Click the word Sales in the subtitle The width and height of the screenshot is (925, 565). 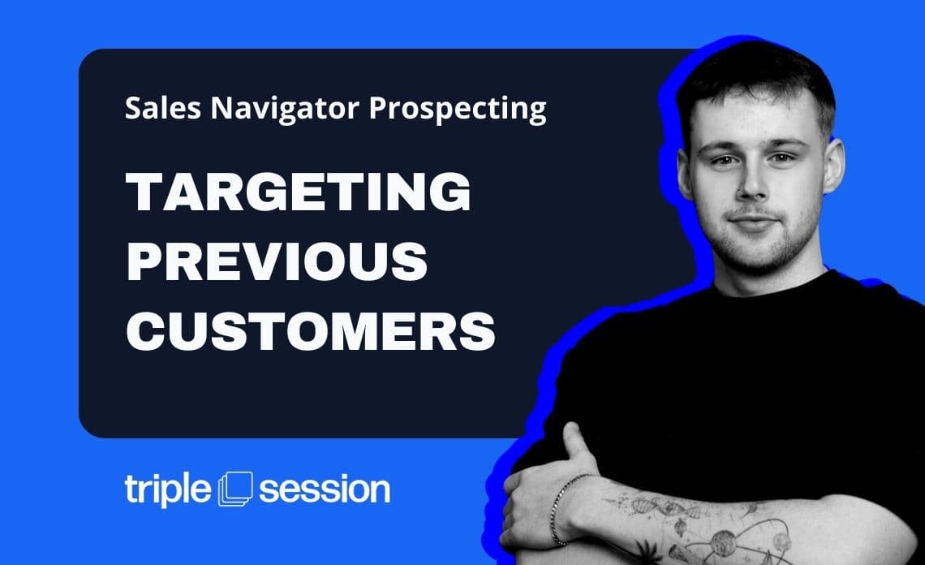[x=163, y=108]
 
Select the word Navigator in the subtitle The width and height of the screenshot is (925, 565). [x=285, y=110]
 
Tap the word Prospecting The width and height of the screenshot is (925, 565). [x=458, y=110]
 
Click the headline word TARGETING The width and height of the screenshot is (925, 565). [x=299, y=192]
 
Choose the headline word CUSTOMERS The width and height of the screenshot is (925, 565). [x=311, y=330]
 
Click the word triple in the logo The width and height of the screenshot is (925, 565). [x=167, y=490]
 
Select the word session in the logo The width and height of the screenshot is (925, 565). [x=325, y=490]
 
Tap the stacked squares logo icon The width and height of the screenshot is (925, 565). [x=235, y=489]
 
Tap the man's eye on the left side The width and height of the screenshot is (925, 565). [x=723, y=161]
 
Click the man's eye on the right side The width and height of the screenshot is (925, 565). [x=782, y=157]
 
